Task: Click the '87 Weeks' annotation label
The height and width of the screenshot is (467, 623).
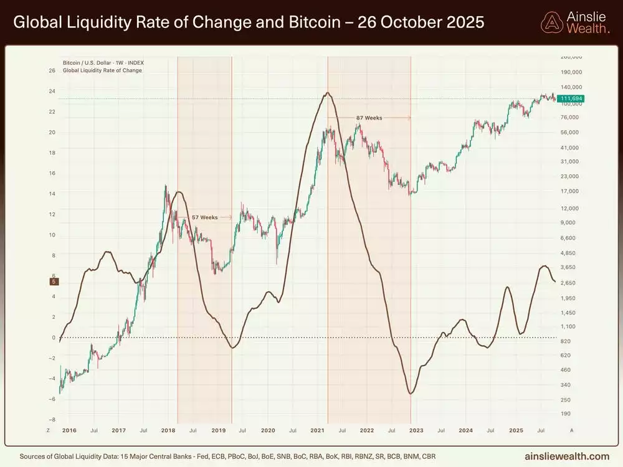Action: pos(369,118)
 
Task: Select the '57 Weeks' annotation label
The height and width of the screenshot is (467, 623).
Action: pos(204,217)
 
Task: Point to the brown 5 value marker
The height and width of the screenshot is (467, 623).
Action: pos(54,282)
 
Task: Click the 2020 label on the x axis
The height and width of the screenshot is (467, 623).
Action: pos(268,430)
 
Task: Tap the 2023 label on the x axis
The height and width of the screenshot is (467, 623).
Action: pos(416,430)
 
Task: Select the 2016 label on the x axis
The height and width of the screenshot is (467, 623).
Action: pos(70,430)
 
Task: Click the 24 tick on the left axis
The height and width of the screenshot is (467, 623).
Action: pos(52,92)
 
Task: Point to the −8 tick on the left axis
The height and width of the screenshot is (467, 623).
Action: pos(52,420)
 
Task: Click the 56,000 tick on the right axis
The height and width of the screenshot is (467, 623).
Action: pos(571,133)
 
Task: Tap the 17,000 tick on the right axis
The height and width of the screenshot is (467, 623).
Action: pos(571,192)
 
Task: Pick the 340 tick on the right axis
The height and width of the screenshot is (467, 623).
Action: pos(566,385)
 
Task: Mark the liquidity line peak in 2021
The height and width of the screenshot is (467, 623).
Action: pos(328,93)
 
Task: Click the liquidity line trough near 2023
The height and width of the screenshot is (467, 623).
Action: pos(411,394)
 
